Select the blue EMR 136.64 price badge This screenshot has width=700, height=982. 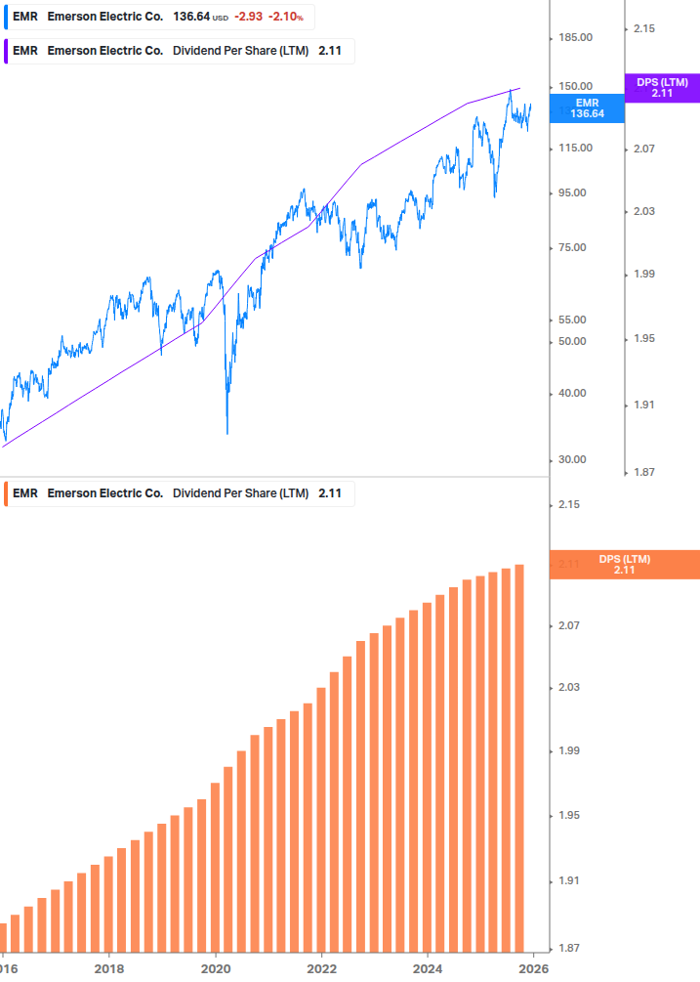[587, 107]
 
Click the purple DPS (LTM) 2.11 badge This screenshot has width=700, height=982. [662, 88]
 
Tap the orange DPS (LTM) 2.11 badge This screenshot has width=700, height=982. [625, 565]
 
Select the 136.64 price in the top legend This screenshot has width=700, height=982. [191, 17]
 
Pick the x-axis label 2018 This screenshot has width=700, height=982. [109, 969]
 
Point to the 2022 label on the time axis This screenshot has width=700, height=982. [321, 969]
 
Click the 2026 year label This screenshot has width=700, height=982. [532, 969]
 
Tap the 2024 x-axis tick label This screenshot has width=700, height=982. [427, 969]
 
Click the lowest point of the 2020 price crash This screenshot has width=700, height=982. [227, 433]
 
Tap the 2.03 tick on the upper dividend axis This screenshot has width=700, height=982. [642, 211]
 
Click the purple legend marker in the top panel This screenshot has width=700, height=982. [7, 51]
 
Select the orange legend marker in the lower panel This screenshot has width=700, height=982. [7, 493]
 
